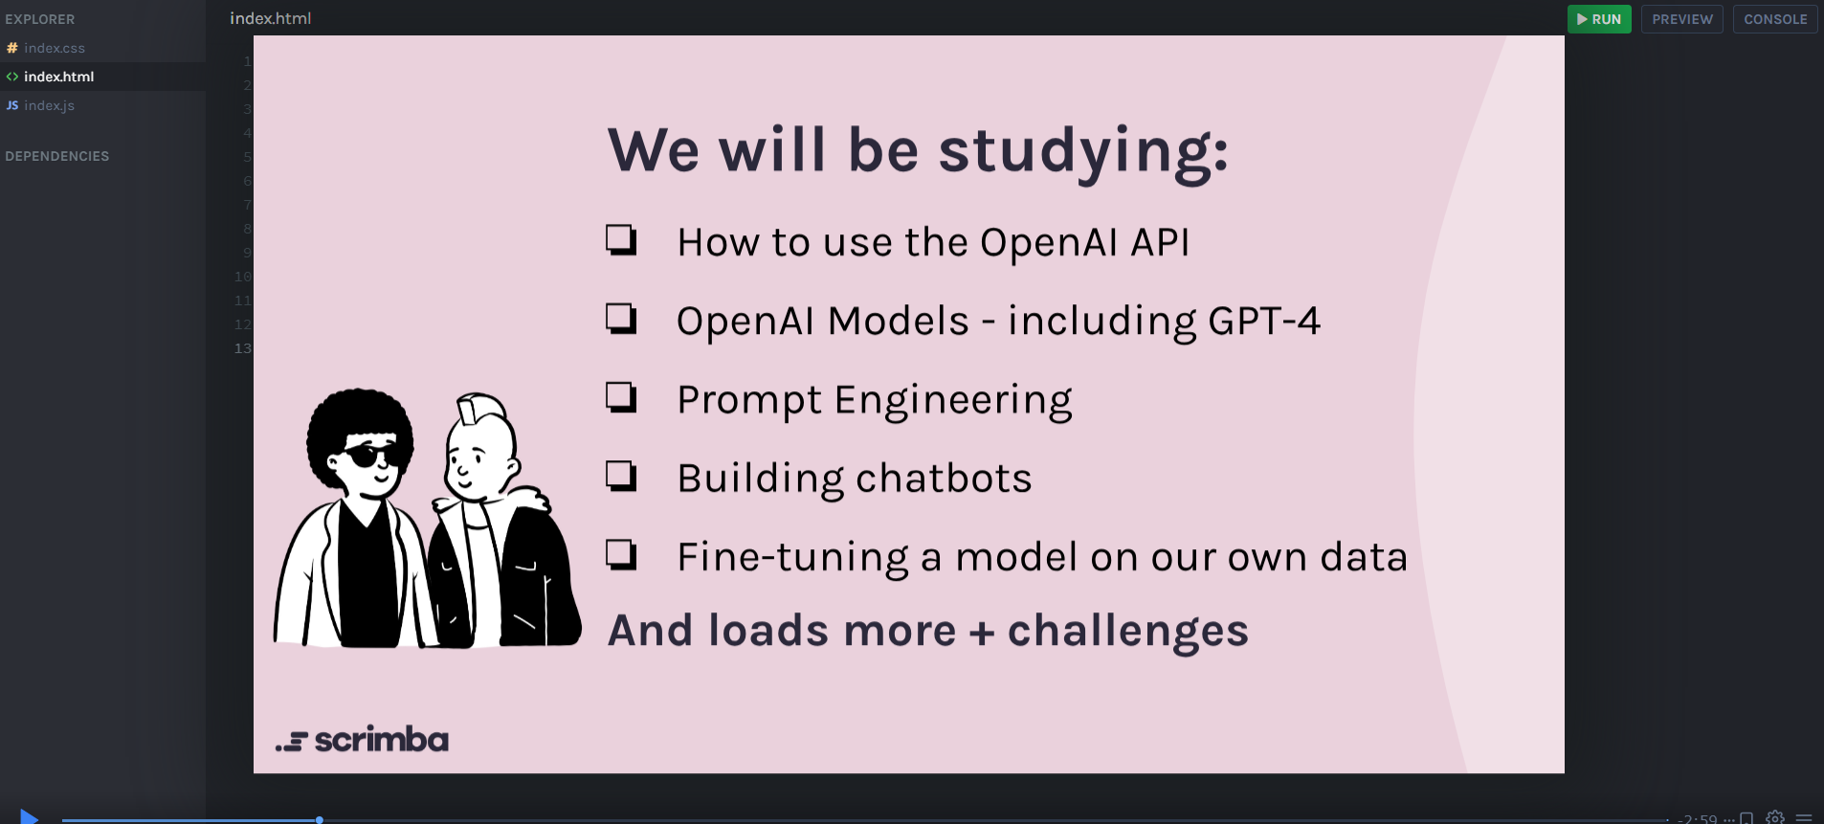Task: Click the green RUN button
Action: pyautogui.click(x=1598, y=19)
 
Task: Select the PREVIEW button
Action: pyautogui.click(x=1681, y=19)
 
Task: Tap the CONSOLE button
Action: pyautogui.click(x=1774, y=19)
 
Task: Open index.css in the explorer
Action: pyautogui.click(x=54, y=48)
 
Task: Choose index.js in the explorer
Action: pyautogui.click(x=49, y=105)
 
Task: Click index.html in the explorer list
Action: pyautogui.click(x=58, y=77)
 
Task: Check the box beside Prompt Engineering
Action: pyautogui.click(x=621, y=397)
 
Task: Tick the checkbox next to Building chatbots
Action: pyautogui.click(x=621, y=476)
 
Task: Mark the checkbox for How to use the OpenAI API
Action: pyautogui.click(x=621, y=239)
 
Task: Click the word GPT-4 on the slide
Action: pyautogui.click(x=1263, y=322)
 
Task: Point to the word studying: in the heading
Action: pyautogui.click(x=1082, y=152)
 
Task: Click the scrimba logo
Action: pyautogui.click(x=363, y=740)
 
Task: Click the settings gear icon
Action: pyautogui.click(x=1775, y=817)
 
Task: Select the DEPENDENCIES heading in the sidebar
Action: pyautogui.click(x=57, y=156)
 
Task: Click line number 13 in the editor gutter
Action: pyautogui.click(x=243, y=348)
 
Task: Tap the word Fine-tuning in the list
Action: pyautogui.click(x=792, y=558)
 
